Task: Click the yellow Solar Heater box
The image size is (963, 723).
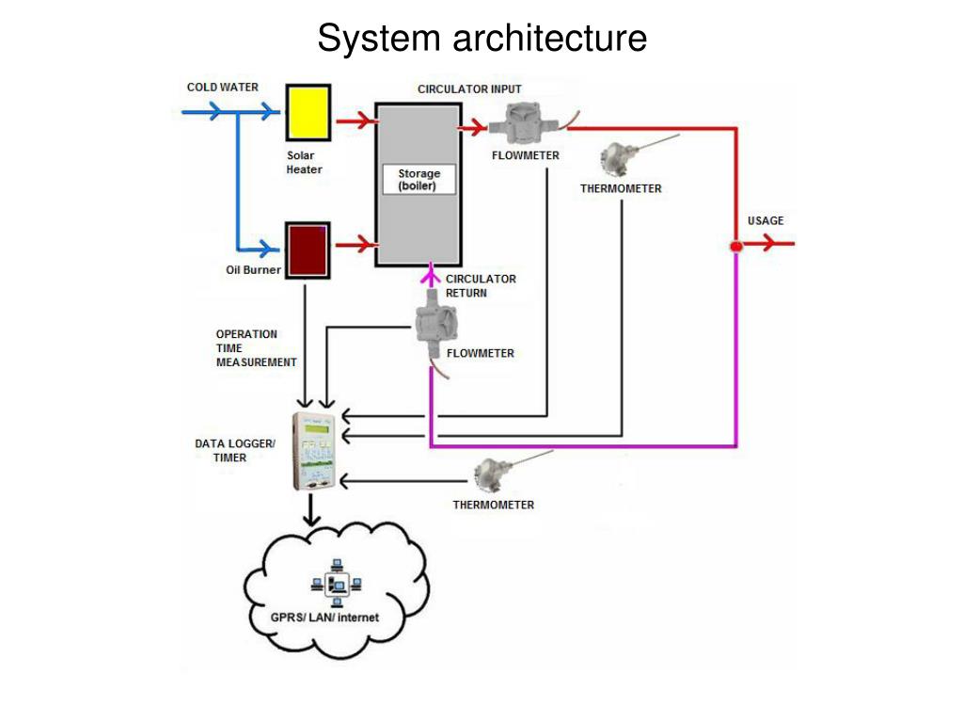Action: [x=307, y=112]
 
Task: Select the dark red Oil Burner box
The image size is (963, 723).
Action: [x=307, y=249]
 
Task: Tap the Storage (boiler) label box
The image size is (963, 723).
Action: [x=418, y=180]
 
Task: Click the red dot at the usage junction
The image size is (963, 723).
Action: [x=736, y=247]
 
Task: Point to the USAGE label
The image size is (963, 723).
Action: [x=766, y=221]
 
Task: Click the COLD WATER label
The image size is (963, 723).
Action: [x=222, y=88]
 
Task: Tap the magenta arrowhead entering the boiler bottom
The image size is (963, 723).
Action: [x=430, y=274]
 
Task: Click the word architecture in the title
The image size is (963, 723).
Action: [x=549, y=40]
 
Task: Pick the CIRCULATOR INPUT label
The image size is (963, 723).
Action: [x=469, y=89]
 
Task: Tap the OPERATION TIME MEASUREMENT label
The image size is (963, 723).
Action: [x=256, y=348]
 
